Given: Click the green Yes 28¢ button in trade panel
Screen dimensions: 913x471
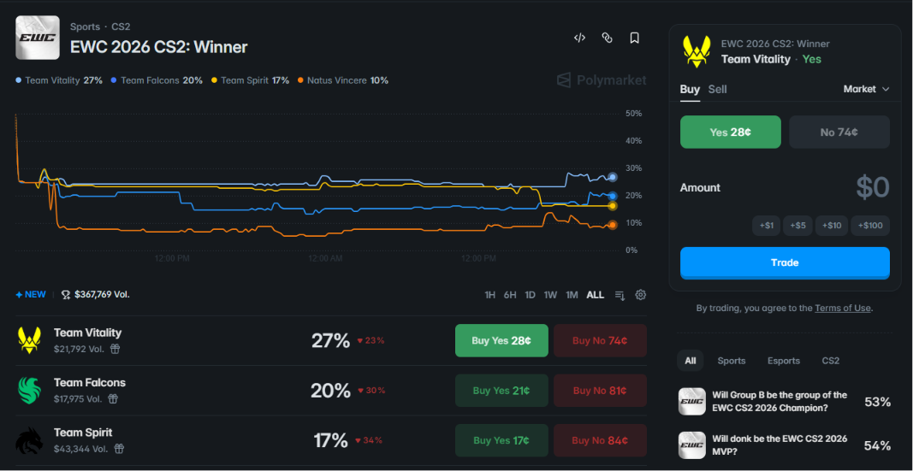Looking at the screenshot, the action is [x=730, y=132].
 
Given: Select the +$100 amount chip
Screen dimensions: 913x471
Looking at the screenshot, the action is [x=870, y=226].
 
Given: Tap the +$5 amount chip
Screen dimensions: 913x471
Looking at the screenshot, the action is [x=797, y=226].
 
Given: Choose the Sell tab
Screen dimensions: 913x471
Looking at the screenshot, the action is [x=717, y=90].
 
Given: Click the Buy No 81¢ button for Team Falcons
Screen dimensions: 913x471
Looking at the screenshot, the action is [x=600, y=391].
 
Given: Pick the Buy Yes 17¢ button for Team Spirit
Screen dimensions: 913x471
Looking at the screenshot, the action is [x=501, y=440].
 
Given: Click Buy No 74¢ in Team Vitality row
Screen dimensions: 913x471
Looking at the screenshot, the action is [x=600, y=341].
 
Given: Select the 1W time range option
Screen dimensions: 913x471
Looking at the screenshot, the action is [x=550, y=295].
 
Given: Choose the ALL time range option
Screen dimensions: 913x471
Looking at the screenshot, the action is [x=595, y=295].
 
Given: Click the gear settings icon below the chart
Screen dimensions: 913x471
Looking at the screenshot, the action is [x=641, y=295].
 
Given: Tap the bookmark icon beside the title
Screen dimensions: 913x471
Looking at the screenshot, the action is [x=635, y=38].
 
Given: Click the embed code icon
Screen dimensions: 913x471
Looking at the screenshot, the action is [x=579, y=38].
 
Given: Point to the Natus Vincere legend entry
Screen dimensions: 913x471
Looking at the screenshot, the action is [x=343, y=80].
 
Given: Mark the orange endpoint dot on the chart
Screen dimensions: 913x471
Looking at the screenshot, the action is [x=612, y=225].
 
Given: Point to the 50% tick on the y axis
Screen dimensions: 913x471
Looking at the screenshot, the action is [x=633, y=114].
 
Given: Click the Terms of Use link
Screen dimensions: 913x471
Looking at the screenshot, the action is [x=843, y=309].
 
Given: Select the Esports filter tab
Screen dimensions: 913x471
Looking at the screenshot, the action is [x=784, y=361].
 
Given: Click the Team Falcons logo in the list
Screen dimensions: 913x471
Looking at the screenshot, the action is [x=28, y=390].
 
